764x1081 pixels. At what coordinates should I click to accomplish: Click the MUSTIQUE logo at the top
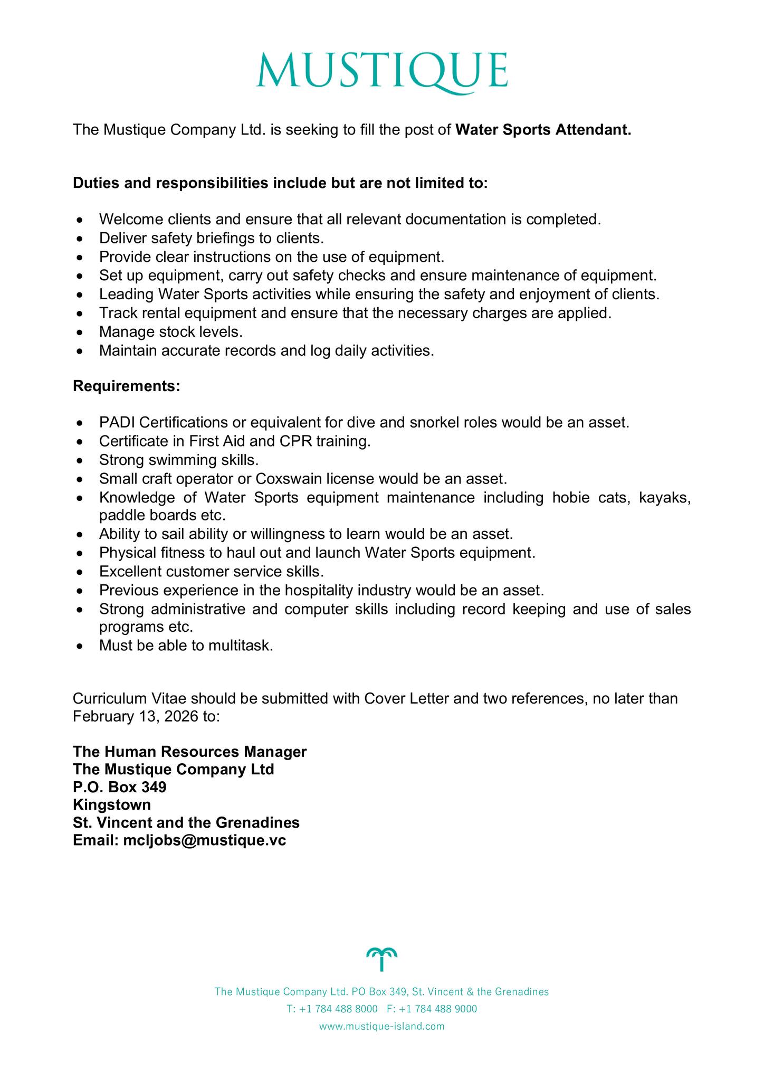coord(382,71)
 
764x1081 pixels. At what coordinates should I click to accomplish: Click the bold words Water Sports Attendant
coord(543,130)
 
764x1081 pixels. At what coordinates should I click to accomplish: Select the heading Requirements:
coord(127,386)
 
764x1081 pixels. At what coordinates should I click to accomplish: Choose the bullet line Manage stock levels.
coord(170,332)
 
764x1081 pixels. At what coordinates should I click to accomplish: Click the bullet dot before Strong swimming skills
coord(79,461)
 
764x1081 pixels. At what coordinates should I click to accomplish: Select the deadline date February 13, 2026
coord(135,716)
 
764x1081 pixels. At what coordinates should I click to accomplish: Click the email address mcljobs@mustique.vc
coord(205,840)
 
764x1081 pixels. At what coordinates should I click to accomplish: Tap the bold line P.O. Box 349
coord(120,787)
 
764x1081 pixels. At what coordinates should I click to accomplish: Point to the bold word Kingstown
coord(112,805)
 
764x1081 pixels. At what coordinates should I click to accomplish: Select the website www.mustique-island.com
coord(382,1027)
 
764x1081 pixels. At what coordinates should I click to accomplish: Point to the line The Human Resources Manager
coord(190,752)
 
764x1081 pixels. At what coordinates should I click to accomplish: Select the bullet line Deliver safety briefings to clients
coord(211,239)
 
